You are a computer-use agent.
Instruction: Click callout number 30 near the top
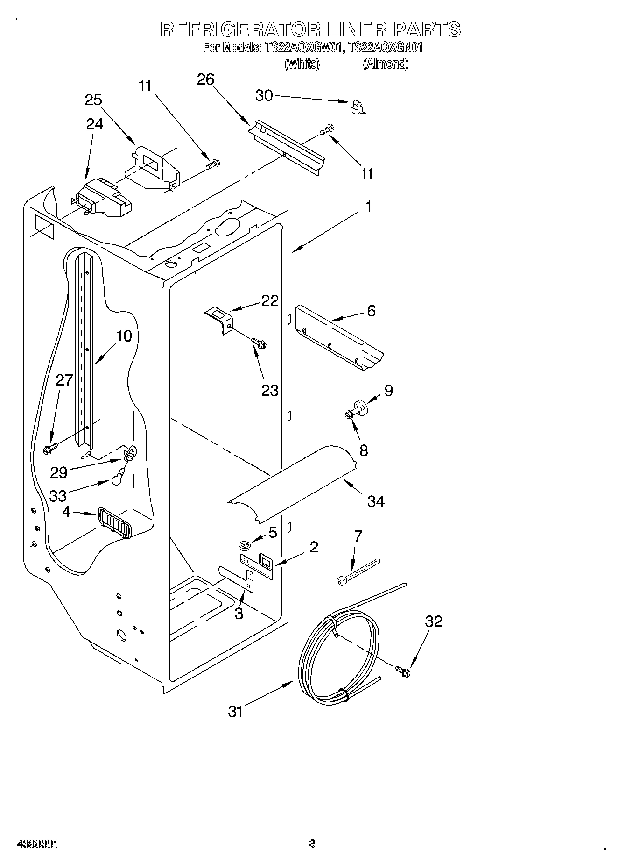(264, 95)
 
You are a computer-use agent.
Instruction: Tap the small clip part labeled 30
(357, 108)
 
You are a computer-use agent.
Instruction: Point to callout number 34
(375, 501)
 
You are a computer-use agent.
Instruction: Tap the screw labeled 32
(404, 672)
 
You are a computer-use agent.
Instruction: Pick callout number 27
(64, 380)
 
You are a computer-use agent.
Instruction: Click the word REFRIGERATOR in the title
(240, 29)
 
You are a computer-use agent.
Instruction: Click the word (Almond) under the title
(386, 64)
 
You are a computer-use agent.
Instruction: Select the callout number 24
(95, 124)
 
